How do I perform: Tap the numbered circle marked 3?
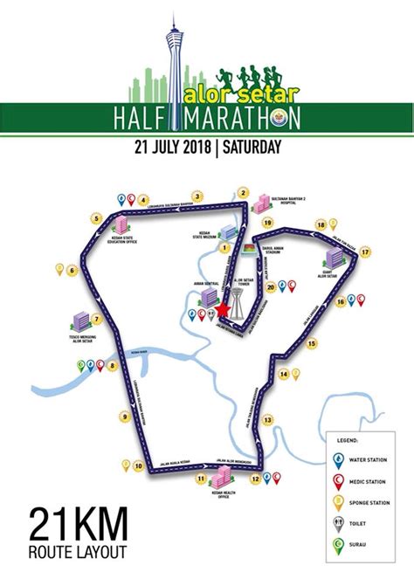coord(197,196)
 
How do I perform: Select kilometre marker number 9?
coord(125,417)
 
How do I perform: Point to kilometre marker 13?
coord(267,419)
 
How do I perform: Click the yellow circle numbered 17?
coord(365,252)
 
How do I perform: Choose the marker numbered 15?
coord(312,345)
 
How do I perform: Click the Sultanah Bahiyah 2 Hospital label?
coord(287,200)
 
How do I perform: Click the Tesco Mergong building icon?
coord(80,321)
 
